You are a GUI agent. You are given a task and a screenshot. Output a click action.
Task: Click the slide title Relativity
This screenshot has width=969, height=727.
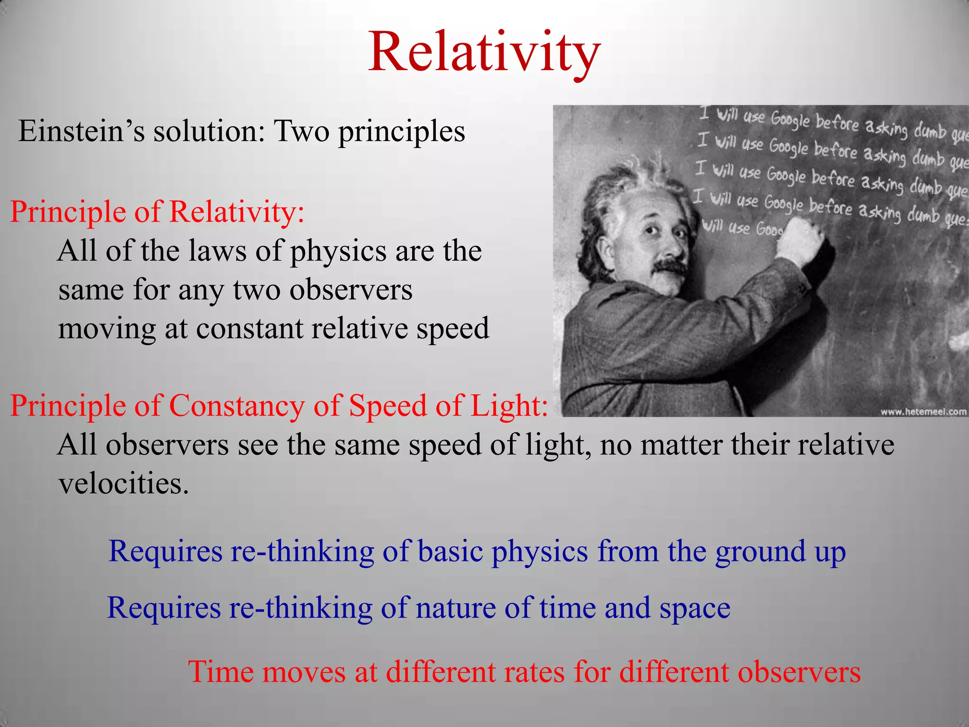point(484,52)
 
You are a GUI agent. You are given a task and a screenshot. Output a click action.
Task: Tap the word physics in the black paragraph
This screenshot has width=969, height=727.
point(338,251)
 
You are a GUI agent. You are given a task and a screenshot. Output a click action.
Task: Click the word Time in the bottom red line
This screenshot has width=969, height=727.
point(216,672)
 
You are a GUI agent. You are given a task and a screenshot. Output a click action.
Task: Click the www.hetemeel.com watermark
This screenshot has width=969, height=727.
point(923,411)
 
